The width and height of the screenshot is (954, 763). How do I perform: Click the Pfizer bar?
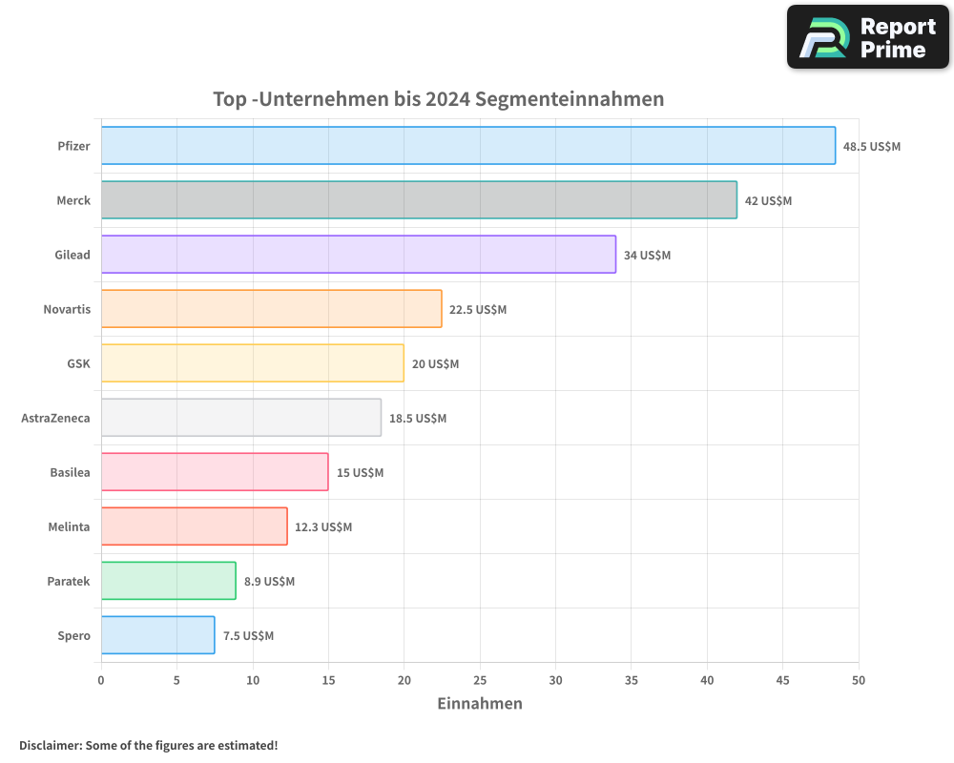(x=467, y=146)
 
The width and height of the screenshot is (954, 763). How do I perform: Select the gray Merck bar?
(x=419, y=200)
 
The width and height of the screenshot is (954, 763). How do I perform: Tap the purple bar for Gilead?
(x=358, y=255)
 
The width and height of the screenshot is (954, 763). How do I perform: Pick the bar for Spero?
(x=157, y=635)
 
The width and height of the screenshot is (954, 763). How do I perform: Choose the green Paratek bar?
(x=168, y=581)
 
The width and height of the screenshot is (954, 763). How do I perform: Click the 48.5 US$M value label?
(x=871, y=147)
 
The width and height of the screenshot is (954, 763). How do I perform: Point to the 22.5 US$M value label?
(x=478, y=310)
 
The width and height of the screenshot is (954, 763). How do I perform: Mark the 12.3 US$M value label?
(x=323, y=527)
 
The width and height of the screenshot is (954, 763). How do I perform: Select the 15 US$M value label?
(x=360, y=473)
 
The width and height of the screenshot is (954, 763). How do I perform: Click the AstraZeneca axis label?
(x=55, y=419)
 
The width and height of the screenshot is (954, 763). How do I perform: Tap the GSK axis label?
(x=78, y=364)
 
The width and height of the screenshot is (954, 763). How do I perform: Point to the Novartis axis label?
(x=67, y=310)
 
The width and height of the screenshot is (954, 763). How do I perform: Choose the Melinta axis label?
(x=69, y=527)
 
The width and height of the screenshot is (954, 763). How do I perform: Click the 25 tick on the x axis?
(x=480, y=680)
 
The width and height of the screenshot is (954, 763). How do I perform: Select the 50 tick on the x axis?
(x=859, y=680)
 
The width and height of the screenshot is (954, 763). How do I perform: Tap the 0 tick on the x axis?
(x=101, y=680)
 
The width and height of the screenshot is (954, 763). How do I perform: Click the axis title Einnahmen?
(x=480, y=704)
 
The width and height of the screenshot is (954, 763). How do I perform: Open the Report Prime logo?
(x=868, y=37)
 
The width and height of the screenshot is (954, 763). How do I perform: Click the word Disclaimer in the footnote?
(x=50, y=745)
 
